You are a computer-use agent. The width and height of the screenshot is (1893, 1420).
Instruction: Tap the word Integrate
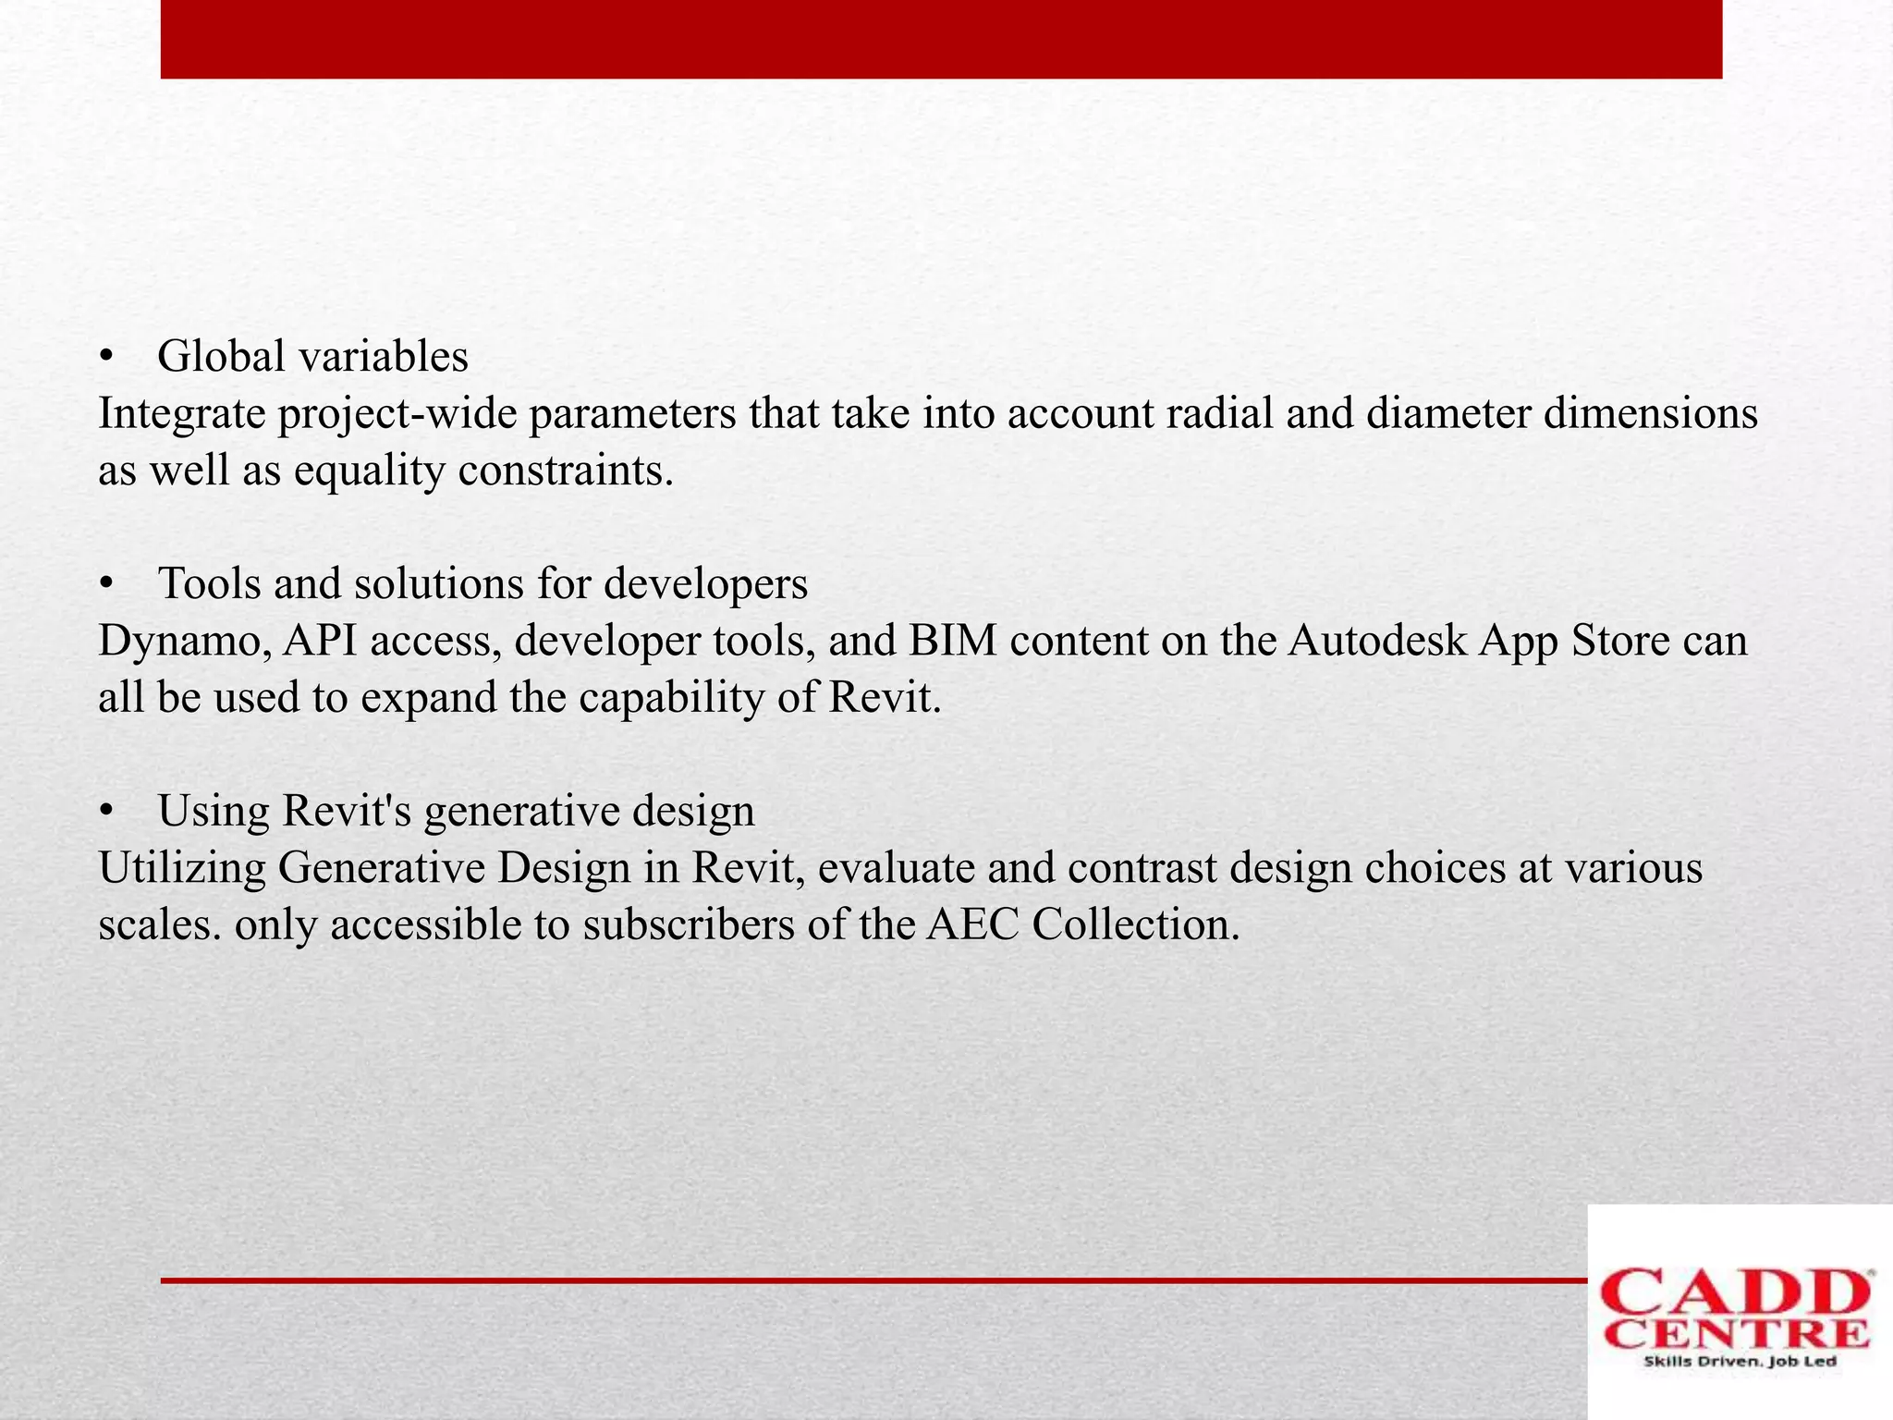point(182,414)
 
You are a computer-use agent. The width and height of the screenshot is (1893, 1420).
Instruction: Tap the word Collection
point(1135,924)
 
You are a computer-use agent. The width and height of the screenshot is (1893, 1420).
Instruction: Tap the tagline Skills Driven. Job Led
point(1739,1362)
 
